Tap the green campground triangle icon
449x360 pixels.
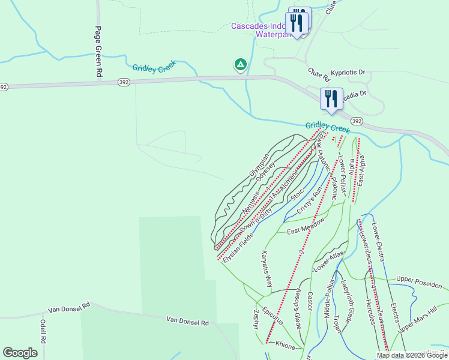pos(240,64)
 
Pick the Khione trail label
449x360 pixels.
pos(285,346)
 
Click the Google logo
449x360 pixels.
pos(20,353)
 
